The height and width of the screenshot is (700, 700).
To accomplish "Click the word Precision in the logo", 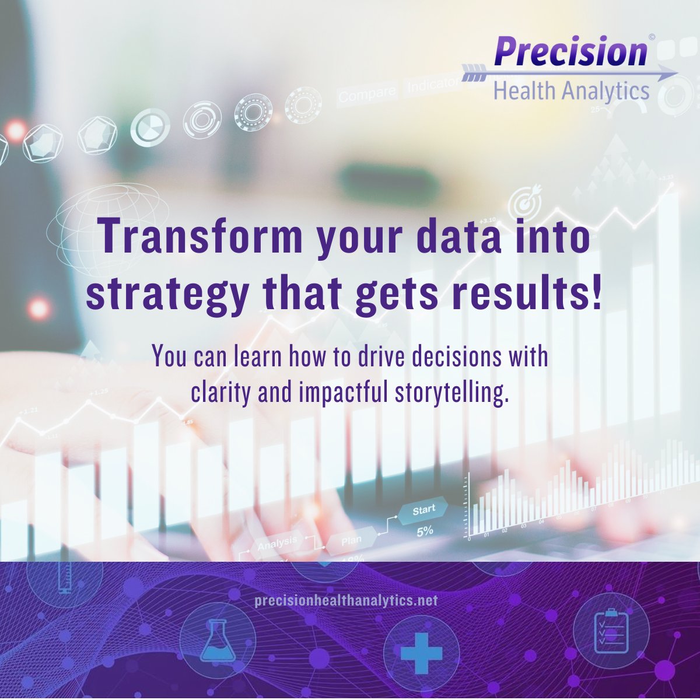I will [570, 51].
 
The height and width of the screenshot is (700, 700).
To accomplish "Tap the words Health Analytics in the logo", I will [571, 92].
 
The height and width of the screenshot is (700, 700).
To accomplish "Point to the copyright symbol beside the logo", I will [652, 37].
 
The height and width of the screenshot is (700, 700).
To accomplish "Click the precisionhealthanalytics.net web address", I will [346, 601].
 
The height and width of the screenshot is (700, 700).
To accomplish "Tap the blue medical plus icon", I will [421, 653].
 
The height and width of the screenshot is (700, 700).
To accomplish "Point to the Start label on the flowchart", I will [424, 510].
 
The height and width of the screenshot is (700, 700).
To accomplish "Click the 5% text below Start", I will [424, 531].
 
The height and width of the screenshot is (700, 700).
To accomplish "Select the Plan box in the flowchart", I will [351, 541].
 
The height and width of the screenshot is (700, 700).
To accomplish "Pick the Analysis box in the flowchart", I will [276, 544].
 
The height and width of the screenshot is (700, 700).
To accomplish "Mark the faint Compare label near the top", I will [367, 94].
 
